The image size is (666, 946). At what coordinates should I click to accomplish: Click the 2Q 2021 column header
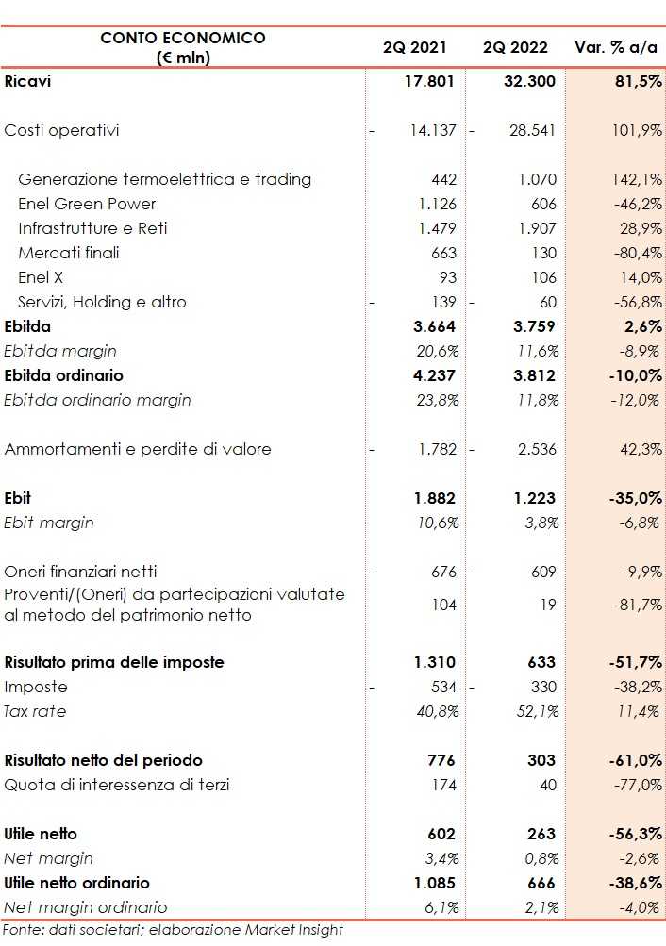click(415, 47)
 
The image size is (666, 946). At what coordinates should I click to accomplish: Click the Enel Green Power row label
click(87, 204)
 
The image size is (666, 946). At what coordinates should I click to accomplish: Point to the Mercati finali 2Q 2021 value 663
click(442, 253)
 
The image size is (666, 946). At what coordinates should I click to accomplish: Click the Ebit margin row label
click(49, 523)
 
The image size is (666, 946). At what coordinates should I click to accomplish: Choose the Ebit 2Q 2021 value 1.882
click(434, 498)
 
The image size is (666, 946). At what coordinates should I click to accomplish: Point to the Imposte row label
click(37, 687)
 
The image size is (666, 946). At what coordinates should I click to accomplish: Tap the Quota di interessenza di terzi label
click(117, 785)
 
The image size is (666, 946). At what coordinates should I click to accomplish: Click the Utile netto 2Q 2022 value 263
click(541, 834)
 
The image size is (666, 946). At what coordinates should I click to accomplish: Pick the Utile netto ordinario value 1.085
click(434, 883)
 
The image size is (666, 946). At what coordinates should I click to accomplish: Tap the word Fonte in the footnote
click(21, 930)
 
